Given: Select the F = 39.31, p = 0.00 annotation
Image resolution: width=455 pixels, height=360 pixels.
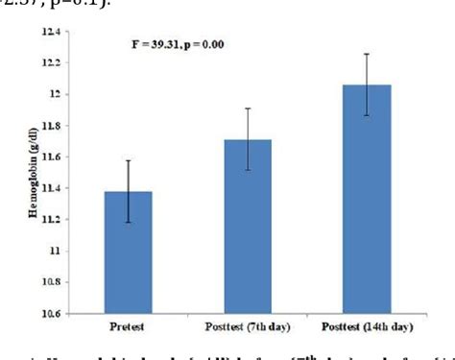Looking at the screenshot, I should point(185,45).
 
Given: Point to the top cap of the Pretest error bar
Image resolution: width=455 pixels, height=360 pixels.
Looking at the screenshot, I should point(129,160).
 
